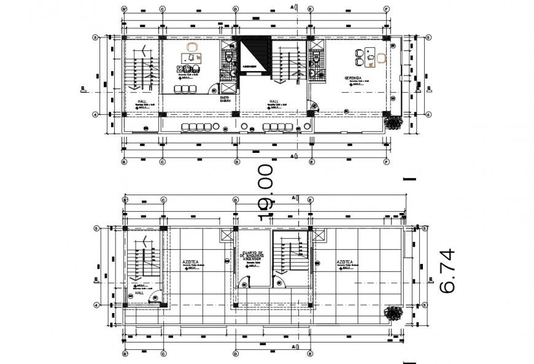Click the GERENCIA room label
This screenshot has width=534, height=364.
[352, 79]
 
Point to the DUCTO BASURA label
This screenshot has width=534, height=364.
[225, 99]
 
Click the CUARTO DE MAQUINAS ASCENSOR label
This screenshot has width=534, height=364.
[252, 255]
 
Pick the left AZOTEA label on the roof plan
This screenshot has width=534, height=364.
[190, 261]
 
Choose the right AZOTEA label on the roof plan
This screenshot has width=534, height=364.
[344, 261]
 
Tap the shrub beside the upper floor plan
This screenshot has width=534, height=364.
[393, 122]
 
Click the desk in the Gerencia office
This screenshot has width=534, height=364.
[370, 56]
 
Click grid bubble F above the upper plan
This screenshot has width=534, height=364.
[387, 9]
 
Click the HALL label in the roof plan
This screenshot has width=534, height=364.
[139, 293]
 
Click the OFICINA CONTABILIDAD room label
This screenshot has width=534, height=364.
[188, 69]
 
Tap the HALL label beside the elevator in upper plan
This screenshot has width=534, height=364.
[274, 102]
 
